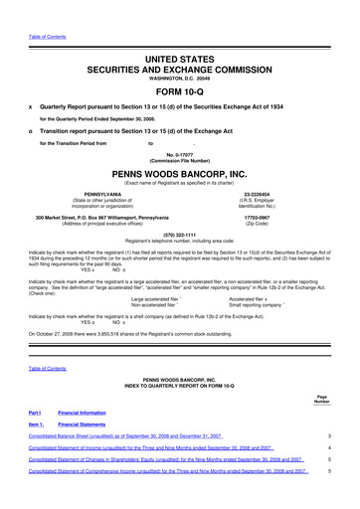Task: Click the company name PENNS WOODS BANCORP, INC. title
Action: tap(180, 171)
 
